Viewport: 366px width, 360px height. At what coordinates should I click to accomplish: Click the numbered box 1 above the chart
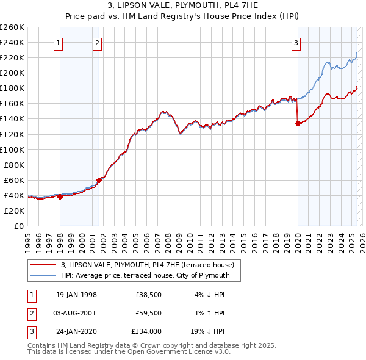coord(58,43)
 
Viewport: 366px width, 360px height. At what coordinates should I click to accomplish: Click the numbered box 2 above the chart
coord(97,43)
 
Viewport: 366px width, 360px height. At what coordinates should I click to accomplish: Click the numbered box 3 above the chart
coord(296,43)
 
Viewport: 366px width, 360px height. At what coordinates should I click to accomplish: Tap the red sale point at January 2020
coord(298,123)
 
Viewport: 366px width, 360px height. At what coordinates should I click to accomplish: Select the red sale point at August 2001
coord(99,180)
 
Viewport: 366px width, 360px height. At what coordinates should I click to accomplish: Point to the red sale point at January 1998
coord(60,196)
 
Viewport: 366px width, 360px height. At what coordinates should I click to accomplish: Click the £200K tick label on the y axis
coord(12,73)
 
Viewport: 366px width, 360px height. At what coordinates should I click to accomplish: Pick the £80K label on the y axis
coord(13,165)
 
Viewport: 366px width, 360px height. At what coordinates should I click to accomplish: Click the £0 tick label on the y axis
coord(18,226)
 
